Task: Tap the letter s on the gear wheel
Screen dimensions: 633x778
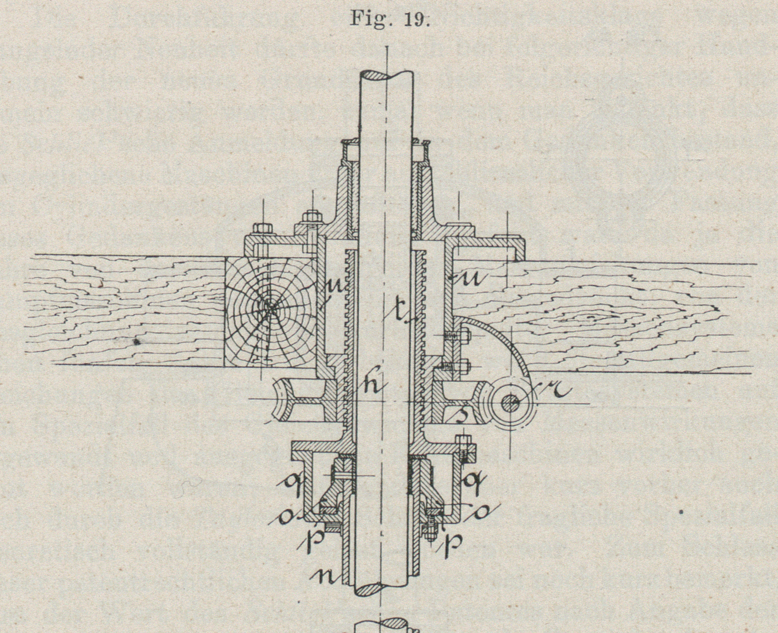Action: click(x=461, y=416)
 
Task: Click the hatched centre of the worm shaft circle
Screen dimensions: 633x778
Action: click(x=510, y=403)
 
